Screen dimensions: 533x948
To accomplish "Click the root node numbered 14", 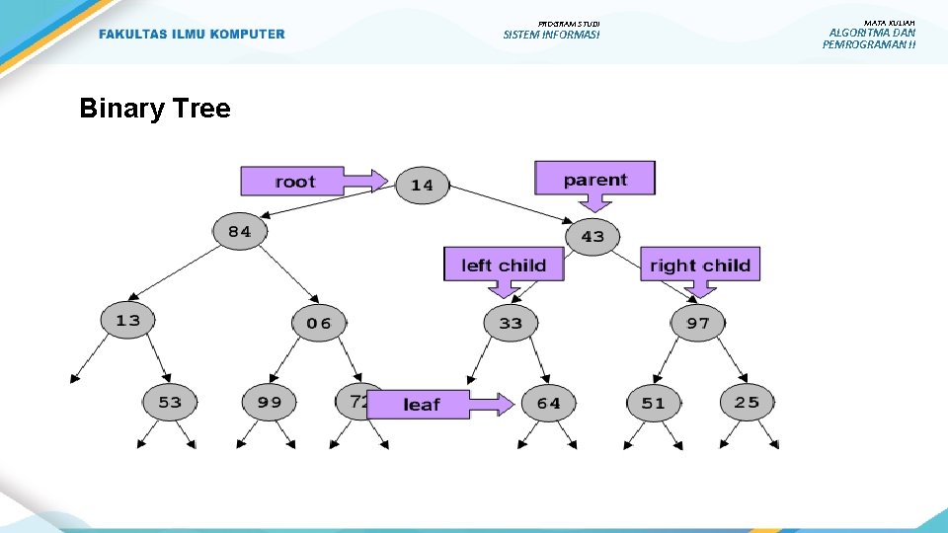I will (422, 185).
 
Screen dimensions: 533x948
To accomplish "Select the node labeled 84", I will (240, 232).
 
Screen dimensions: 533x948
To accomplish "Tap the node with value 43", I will (592, 236).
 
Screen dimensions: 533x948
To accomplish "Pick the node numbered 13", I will (127, 320).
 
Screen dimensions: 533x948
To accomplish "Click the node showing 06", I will (318, 323).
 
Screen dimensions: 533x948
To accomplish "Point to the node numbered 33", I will (511, 323).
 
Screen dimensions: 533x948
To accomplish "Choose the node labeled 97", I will (697, 323).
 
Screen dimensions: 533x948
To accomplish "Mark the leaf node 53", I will (170, 402).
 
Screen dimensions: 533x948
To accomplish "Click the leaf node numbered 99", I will (269, 402).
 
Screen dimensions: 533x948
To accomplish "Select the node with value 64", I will (548, 403).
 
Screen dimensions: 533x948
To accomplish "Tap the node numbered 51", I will (653, 403).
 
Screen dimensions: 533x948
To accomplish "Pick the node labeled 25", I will (747, 401).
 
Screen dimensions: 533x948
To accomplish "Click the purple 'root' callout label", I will (294, 181).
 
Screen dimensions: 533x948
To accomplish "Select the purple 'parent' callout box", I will (594, 179).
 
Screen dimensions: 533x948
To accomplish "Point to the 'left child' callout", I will (503, 265).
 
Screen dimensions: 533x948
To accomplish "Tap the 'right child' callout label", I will (700, 265).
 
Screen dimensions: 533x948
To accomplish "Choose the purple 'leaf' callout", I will (422, 404).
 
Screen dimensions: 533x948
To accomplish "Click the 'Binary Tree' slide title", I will (155, 108).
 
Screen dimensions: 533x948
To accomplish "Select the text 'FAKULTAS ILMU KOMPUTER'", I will (192, 35).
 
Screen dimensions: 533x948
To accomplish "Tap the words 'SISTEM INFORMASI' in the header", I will (551, 36).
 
